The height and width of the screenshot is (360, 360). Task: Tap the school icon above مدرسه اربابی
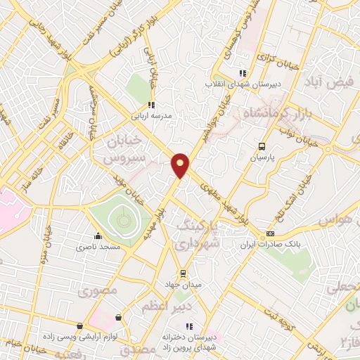[x=150, y=105]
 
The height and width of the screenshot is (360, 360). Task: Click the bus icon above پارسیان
[x=262, y=147]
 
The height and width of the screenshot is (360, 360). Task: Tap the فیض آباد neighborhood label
[x=328, y=82]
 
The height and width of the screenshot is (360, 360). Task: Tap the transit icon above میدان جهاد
[x=183, y=274]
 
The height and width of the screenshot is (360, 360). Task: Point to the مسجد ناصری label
[x=99, y=248]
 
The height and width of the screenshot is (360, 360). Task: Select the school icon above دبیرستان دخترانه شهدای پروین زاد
[x=188, y=326]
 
